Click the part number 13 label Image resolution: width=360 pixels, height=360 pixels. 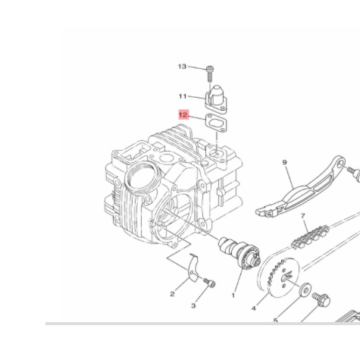pos(182,67)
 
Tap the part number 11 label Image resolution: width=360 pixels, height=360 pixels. pos(182,96)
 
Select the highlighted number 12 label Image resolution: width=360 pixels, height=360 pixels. pos(183,114)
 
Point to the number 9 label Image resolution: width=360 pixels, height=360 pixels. pos(284,162)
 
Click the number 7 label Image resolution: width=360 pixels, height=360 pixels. pos(303,216)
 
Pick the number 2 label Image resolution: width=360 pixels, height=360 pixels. pos(173,293)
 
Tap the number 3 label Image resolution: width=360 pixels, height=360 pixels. pos(193,305)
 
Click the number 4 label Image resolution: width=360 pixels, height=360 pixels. pos(254,309)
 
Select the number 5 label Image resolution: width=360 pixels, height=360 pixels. pos(276,321)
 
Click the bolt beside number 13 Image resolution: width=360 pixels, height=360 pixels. pos(210,75)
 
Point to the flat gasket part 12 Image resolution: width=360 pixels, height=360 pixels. pos(211,124)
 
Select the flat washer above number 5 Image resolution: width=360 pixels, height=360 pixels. pos(305,289)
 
